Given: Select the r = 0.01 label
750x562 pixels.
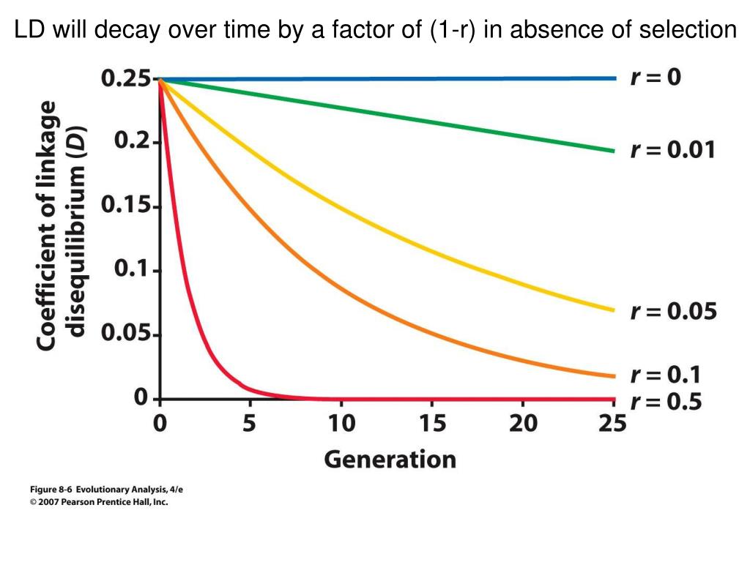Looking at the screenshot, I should coord(672,151).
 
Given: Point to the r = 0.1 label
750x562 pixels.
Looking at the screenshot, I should coord(666,375).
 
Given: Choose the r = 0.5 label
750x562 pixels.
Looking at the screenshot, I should coord(666,402).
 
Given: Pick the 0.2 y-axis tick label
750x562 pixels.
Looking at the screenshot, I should coord(131,142).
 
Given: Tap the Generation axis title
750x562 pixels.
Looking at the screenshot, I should coord(390,460).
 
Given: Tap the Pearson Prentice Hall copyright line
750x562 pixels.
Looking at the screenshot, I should coord(99,502).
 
